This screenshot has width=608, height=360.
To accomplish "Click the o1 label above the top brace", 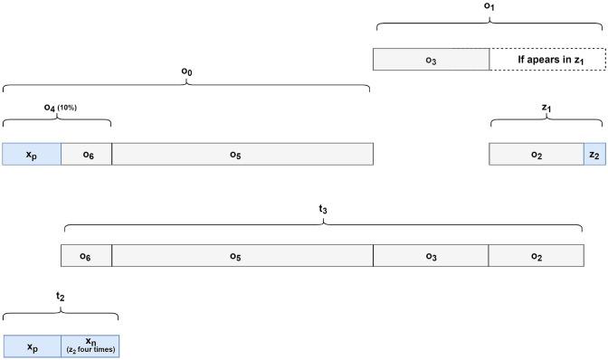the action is pyautogui.click(x=489, y=7).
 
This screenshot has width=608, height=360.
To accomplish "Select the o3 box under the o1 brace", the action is pyautogui.click(x=432, y=60).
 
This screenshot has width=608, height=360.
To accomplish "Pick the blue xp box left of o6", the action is pyautogui.click(x=32, y=154).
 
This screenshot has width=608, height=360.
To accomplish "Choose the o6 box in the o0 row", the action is pyautogui.click(x=87, y=154).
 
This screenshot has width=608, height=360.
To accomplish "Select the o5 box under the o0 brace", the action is pyautogui.click(x=242, y=154).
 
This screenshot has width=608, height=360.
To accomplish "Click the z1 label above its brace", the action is pyautogui.click(x=546, y=108).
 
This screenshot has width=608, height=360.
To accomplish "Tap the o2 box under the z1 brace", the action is pyautogui.click(x=537, y=154).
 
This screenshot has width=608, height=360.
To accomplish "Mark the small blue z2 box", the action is pyautogui.click(x=594, y=154).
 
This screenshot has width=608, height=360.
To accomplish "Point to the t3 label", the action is pyautogui.click(x=323, y=210).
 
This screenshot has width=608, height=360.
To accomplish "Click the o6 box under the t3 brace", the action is pyautogui.click(x=86, y=256).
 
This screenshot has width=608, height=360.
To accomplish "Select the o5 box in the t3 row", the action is pyautogui.click(x=242, y=256).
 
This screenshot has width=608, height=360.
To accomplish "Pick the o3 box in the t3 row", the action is pyautogui.click(x=431, y=256).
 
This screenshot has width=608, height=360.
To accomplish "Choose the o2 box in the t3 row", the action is pyautogui.click(x=536, y=256).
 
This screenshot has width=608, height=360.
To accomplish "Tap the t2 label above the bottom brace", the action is pyautogui.click(x=61, y=296).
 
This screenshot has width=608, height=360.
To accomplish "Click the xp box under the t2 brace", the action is pyautogui.click(x=32, y=346).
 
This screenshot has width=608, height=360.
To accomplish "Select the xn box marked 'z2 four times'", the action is pyautogui.click(x=90, y=346).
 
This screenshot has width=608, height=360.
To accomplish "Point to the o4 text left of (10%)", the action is pyautogui.click(x=50, y=108).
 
